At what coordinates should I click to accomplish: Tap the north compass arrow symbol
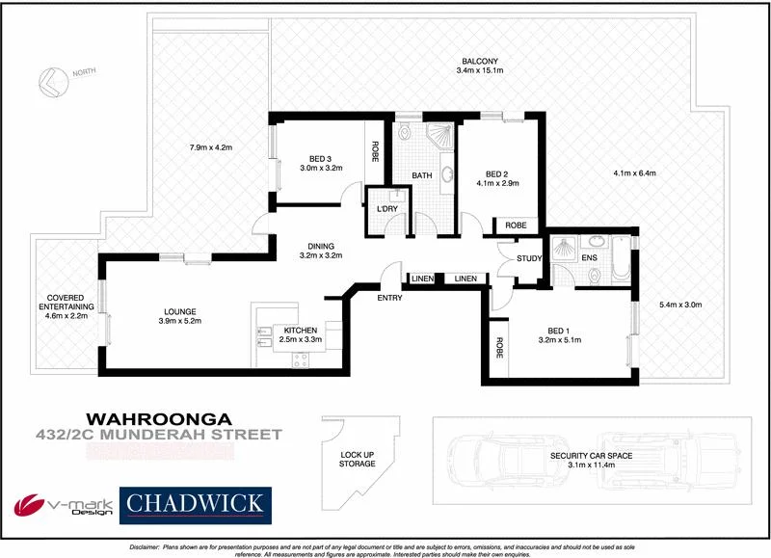[x=49, y=85]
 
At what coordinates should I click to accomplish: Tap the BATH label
[x=422, y=175]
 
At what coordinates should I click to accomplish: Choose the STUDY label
[x=529, y=258]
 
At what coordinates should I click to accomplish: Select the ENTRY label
[x=390, y=298]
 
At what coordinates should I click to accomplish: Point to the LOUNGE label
[x=180, y=311]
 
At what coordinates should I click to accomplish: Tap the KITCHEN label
[x=295, y=329]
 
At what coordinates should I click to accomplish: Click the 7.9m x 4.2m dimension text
[x=211, y=147]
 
